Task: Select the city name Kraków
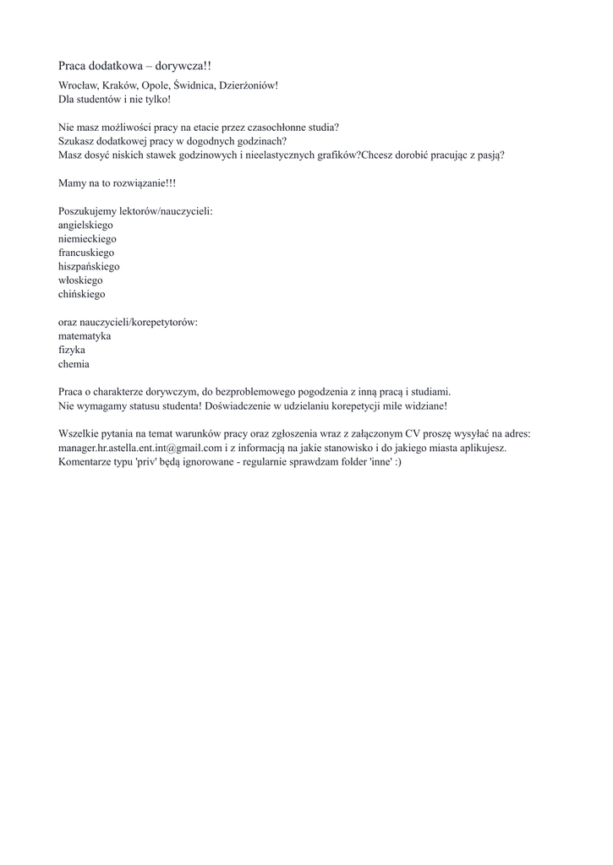[x=122, y=85]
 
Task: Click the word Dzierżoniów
[x=248, y=85]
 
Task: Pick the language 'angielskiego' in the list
[x=85, y=226]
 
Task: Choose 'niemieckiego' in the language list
[x=87, y=239]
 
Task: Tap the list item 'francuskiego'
[x=86, y=253]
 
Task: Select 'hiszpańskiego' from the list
[x=89, y=266]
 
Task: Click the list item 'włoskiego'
[x=80, y=280]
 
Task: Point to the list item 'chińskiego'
[x=82, y=294]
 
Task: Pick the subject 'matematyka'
[x=85, y=336]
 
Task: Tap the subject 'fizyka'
[x=72, y=350]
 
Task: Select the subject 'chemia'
[x=74, y=364]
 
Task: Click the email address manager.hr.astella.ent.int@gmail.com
[x=140, y=448]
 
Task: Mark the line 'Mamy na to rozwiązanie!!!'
[x=118, y=183]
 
